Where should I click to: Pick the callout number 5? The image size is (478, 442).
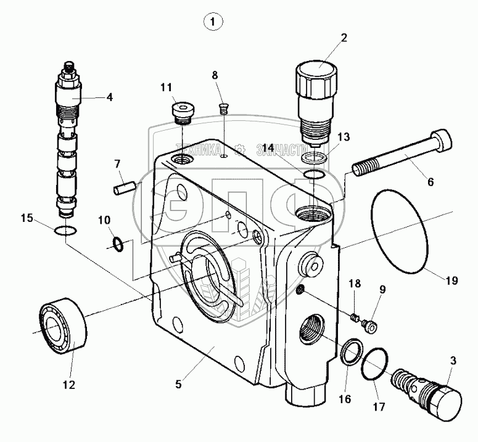pos(178,384)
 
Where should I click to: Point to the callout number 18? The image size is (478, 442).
pos(354,284)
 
